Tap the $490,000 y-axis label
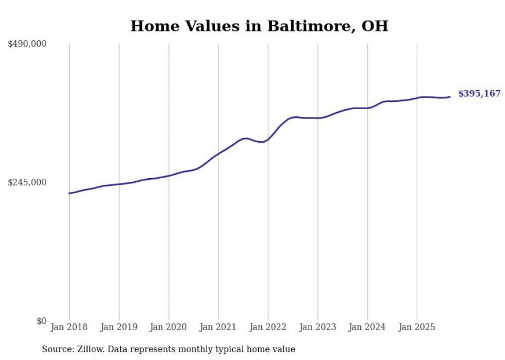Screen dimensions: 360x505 click(27, 44)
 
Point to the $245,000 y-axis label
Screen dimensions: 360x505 click(27, 182)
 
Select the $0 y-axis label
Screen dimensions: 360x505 click(41, 321)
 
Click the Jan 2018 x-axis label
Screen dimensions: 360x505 click(69, 327)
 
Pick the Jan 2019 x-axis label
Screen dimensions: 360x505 click(119, 327)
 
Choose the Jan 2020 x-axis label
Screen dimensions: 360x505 click(169, 327)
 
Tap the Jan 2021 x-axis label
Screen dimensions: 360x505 click(218, 327)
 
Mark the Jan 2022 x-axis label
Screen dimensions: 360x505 click(268, 327)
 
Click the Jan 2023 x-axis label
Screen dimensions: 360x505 click(318, 327)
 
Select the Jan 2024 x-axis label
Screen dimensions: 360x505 click(367, 327)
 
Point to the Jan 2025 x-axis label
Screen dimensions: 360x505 click(417, 327)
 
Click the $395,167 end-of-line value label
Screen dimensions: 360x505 click(479, 94)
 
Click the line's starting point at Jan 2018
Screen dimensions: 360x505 click(69, 193)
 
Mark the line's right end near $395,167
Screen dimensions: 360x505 click(450, 97)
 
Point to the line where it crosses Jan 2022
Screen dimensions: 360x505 click(268, 139)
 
